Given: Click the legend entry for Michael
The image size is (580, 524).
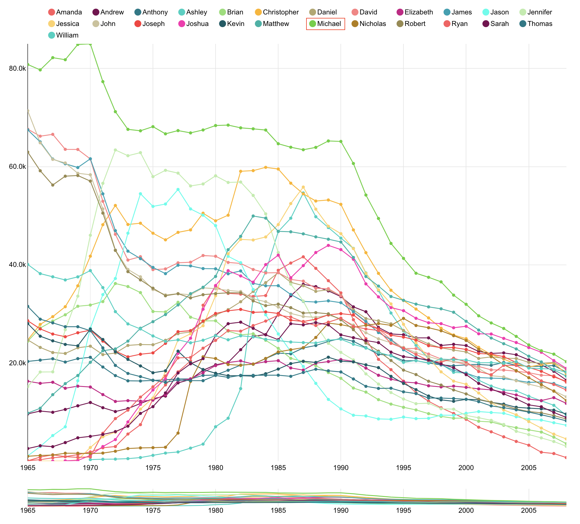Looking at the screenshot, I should coord(325,24).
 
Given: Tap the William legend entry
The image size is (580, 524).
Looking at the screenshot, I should coord(63,35).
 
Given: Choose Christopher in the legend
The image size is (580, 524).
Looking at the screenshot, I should coord(277,12).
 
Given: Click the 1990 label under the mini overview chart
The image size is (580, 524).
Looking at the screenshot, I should coord(341,518).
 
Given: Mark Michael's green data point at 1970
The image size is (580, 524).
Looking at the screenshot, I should coord(90,44).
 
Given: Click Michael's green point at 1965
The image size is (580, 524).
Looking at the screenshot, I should coord(28,64).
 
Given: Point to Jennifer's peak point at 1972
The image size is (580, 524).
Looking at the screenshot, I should coord(115,150).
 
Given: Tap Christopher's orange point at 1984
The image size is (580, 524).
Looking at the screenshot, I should coord(265,167).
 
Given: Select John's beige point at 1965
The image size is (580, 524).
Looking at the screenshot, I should coord(28,111).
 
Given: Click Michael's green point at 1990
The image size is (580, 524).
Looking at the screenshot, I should coord(341,141).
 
